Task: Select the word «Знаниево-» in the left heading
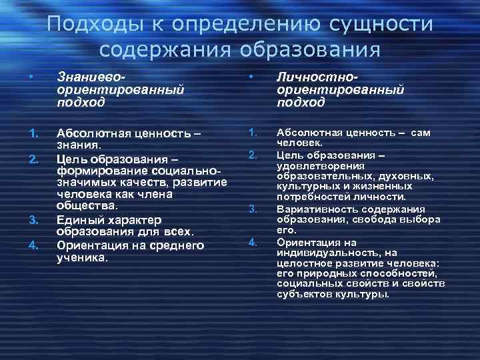click(89, 79)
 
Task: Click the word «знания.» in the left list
click(79, 145)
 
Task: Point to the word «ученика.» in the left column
click(83, 257)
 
